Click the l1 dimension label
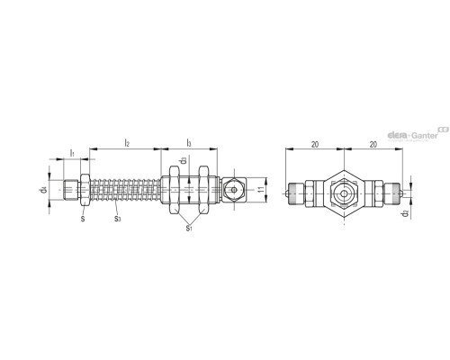coord(71,154)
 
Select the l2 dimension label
coord(127,142)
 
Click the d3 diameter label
coord(183,162)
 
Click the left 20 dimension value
coord(312,142)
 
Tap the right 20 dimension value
coord(371,142)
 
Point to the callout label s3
coord(118,218)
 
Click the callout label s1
coord(187,229)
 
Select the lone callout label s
coord(83,218)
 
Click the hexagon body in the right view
coord(343,191)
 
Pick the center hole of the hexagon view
coord(343,192)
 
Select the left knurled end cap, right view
coord(292,191)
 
